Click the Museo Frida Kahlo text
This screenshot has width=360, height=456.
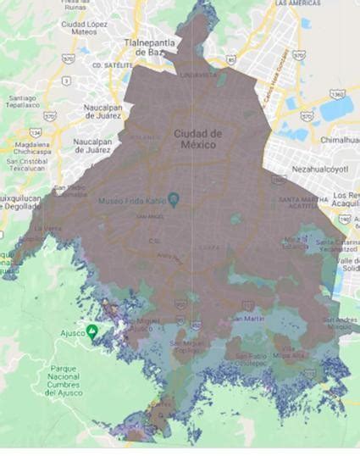point(130,200)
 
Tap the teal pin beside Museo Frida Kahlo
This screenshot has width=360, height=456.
point(173,199)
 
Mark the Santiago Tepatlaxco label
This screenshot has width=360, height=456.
point(22,101)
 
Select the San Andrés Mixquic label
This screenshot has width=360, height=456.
point(339,323)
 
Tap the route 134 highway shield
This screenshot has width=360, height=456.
point(35,132)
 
